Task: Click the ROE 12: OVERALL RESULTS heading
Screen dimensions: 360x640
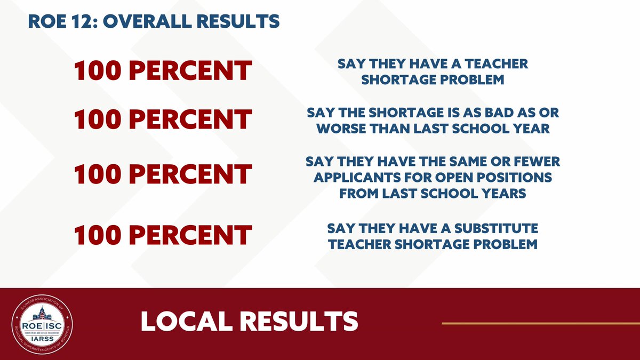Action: click(153, 21)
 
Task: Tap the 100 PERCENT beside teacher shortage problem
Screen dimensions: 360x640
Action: click(163, 71)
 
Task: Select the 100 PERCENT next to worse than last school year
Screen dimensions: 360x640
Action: click(163, 119)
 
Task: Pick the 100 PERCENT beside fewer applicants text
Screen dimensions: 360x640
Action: click(163, 174)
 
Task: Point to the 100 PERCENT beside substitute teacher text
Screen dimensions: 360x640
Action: click(163, 235)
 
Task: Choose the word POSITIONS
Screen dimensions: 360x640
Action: click(518, 177)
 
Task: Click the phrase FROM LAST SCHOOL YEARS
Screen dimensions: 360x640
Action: click(433, 193)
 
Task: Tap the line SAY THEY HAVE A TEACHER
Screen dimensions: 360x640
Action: click(433, 64)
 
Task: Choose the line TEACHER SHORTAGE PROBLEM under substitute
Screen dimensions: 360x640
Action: click(433, 244)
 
